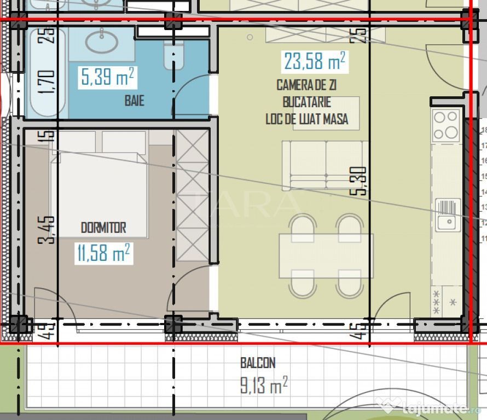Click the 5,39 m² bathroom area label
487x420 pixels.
point(107,78)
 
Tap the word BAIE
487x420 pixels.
point(134,101)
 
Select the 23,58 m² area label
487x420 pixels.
point(314,61)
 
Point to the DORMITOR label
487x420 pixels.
point(103,227)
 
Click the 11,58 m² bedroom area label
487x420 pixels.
point(103,254)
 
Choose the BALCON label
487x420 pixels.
point(257,363)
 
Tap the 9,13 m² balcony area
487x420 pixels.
point(263,387)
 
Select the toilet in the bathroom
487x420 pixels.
point(174,55)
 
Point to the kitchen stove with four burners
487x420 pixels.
point(446,125)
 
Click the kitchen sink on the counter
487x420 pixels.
point(448,214)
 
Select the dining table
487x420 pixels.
point(326,256)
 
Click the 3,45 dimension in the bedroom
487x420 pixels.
point(49,230)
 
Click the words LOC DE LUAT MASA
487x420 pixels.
point(306,119)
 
